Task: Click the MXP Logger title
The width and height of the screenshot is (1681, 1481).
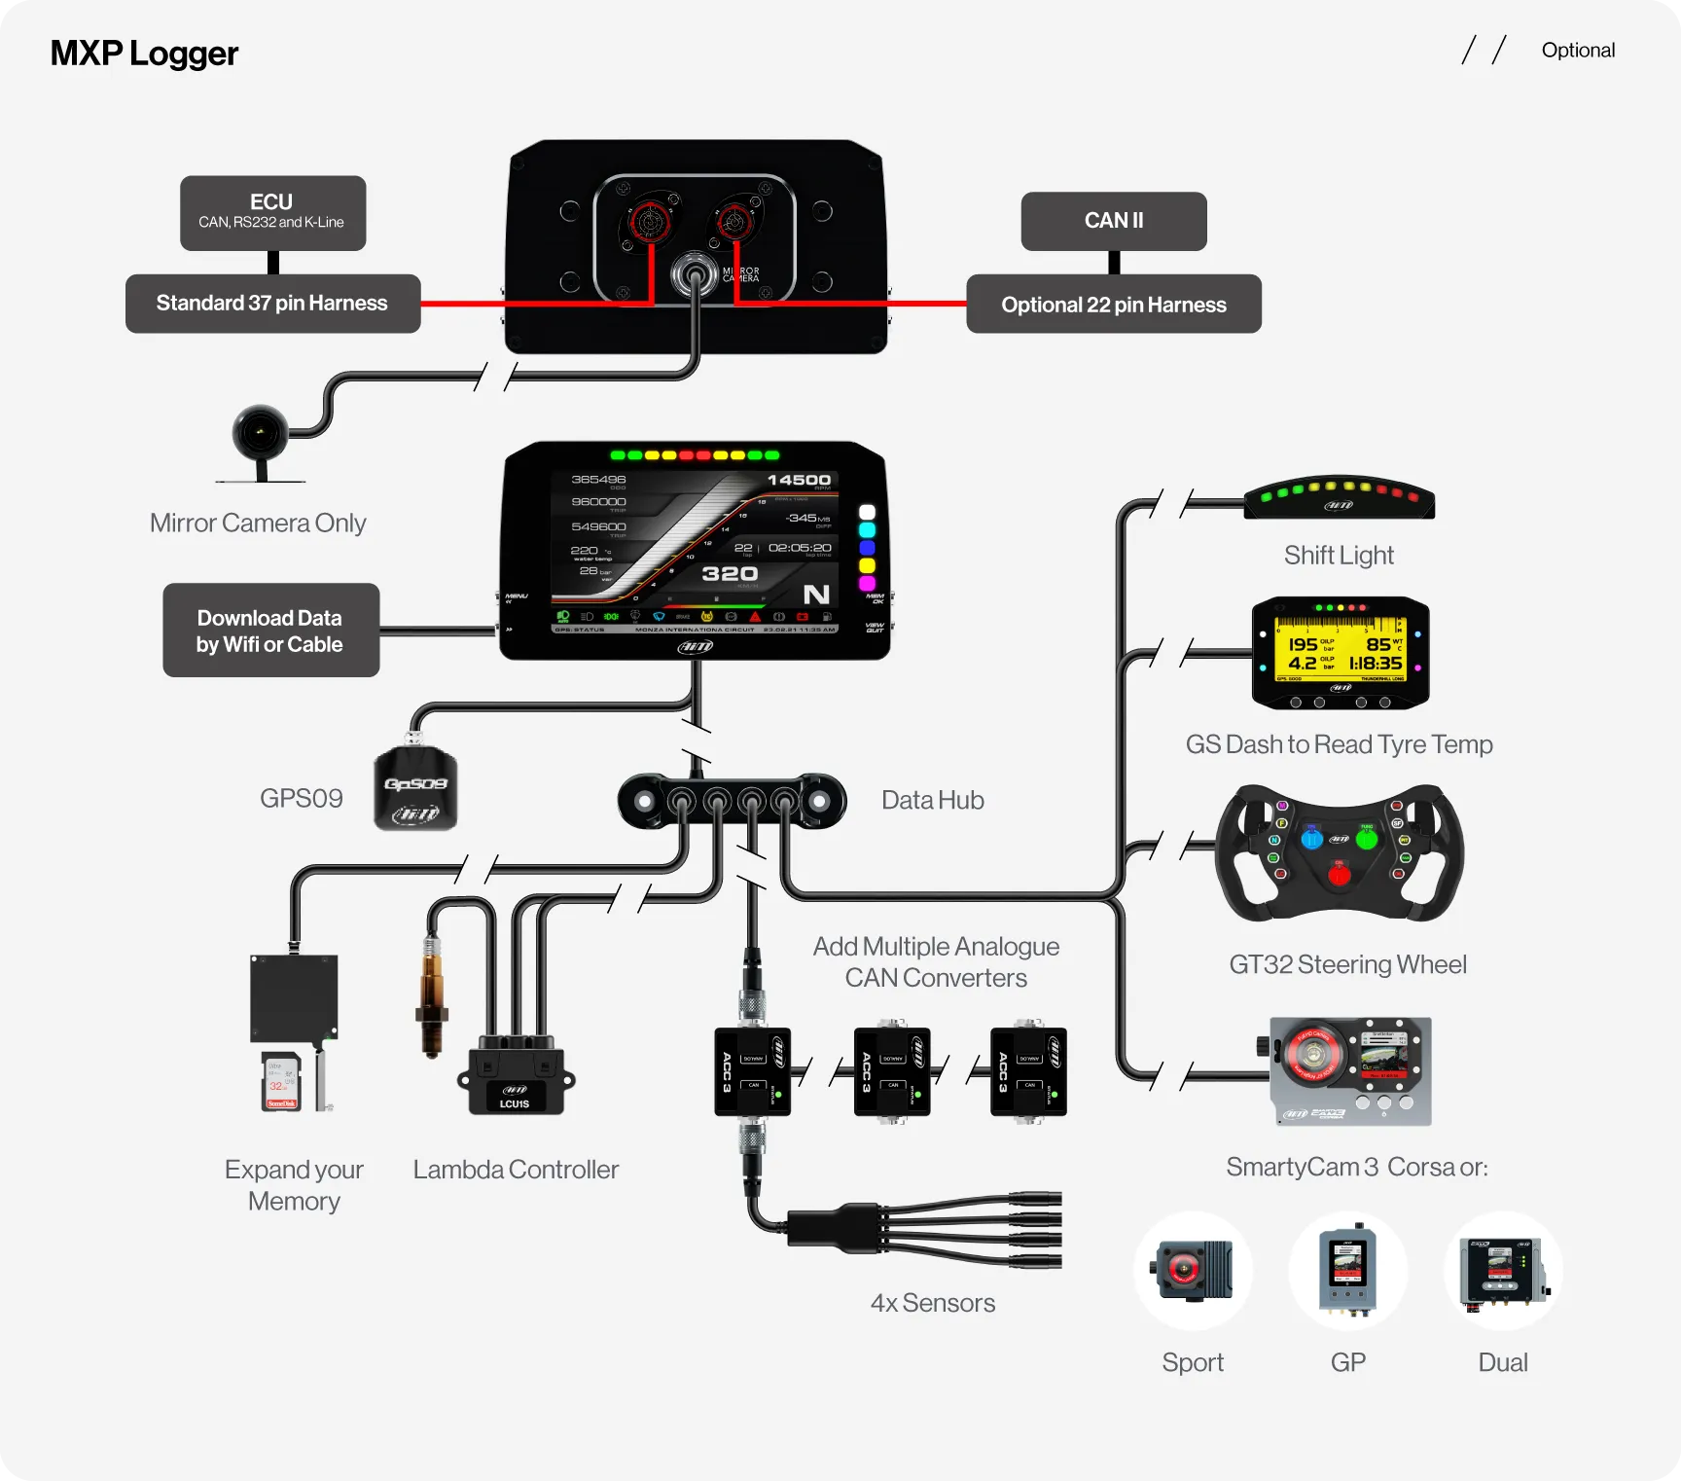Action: coord(144,54)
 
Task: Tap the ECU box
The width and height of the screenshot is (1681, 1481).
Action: coord(272,212)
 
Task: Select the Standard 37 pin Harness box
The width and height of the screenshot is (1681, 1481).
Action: coord(272,304)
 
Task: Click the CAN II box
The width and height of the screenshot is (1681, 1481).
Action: coord(1113,221)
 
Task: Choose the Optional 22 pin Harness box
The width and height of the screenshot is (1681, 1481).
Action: coord(1113,305)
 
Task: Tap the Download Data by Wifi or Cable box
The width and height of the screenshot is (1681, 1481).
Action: coord(270,631)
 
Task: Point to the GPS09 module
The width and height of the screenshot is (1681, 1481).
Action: coord(415,788)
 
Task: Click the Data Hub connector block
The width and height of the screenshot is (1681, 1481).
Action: coord(732,801)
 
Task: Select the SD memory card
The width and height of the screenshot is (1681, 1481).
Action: coord(281,1081)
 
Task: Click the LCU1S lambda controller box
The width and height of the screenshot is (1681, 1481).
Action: coord(516,1080)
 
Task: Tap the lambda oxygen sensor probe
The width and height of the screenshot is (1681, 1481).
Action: coord(431,997)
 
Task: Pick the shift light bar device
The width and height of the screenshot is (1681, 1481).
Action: coord(1339,497)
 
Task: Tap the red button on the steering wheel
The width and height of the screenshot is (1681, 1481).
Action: coord(1339,875)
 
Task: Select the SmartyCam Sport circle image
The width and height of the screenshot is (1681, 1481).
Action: coord(1193,1271)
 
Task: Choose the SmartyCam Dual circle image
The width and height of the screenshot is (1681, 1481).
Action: coord(1503,1271)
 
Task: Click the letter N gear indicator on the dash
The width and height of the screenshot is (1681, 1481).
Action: coord(816,595)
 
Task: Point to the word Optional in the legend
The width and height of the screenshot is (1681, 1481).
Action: coord(1577,51)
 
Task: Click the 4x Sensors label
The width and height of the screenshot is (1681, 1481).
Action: coord(932,1303)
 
